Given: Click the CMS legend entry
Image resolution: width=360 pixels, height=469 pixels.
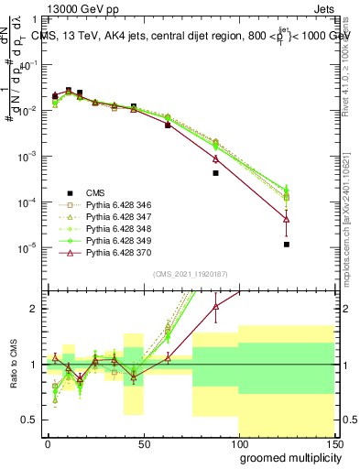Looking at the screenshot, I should point(95,192).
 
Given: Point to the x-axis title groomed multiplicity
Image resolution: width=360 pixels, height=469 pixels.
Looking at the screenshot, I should point(289,456).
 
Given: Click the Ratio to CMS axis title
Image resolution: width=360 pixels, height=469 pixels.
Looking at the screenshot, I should point(12,365).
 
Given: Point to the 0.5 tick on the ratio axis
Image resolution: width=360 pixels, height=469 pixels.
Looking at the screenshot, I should point(29,420).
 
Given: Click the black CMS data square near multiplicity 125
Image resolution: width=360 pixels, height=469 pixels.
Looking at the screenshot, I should point(287,245).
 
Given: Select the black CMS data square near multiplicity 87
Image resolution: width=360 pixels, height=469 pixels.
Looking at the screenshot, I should point(215,173).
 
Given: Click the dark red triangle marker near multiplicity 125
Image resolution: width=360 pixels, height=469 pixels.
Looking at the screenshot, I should point(287,220).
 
